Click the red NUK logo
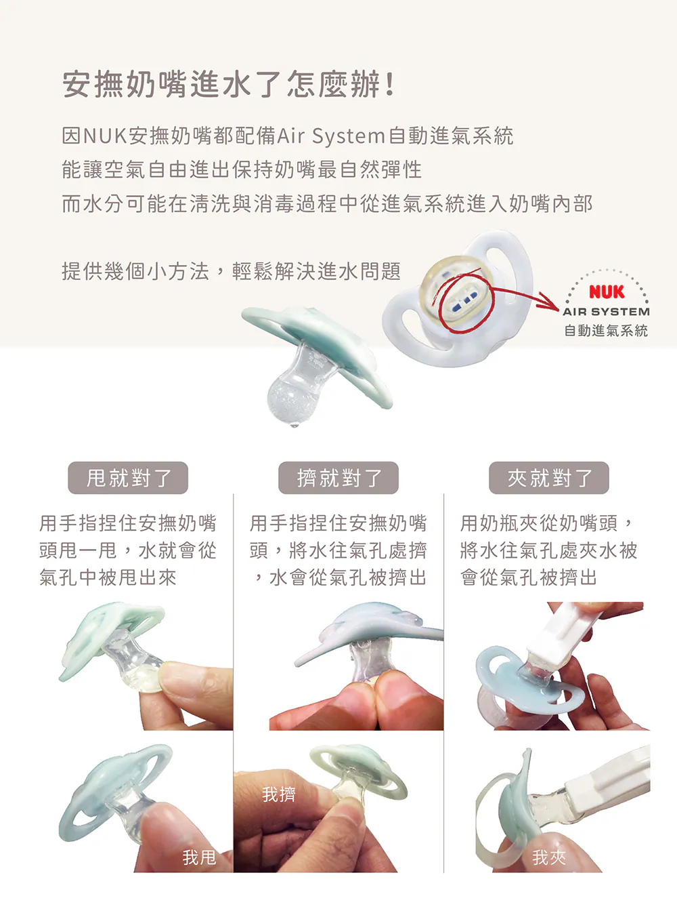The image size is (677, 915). (x=607, y=291)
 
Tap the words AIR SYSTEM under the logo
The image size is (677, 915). (x=606, y=312)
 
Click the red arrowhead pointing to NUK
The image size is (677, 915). (x=550, y=301)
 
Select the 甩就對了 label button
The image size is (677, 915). (x=128, y=478)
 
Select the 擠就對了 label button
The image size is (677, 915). (x=338, y=478)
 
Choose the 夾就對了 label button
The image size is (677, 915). (x=549, y=478)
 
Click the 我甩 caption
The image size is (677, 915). (x=200, y=857)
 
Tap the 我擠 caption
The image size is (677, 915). (x=279, y=794)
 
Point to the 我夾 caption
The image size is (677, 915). (x=549, y=857)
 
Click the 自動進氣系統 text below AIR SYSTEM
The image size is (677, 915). (x=606, y=331)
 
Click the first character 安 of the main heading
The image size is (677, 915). (x=77, y=84)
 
